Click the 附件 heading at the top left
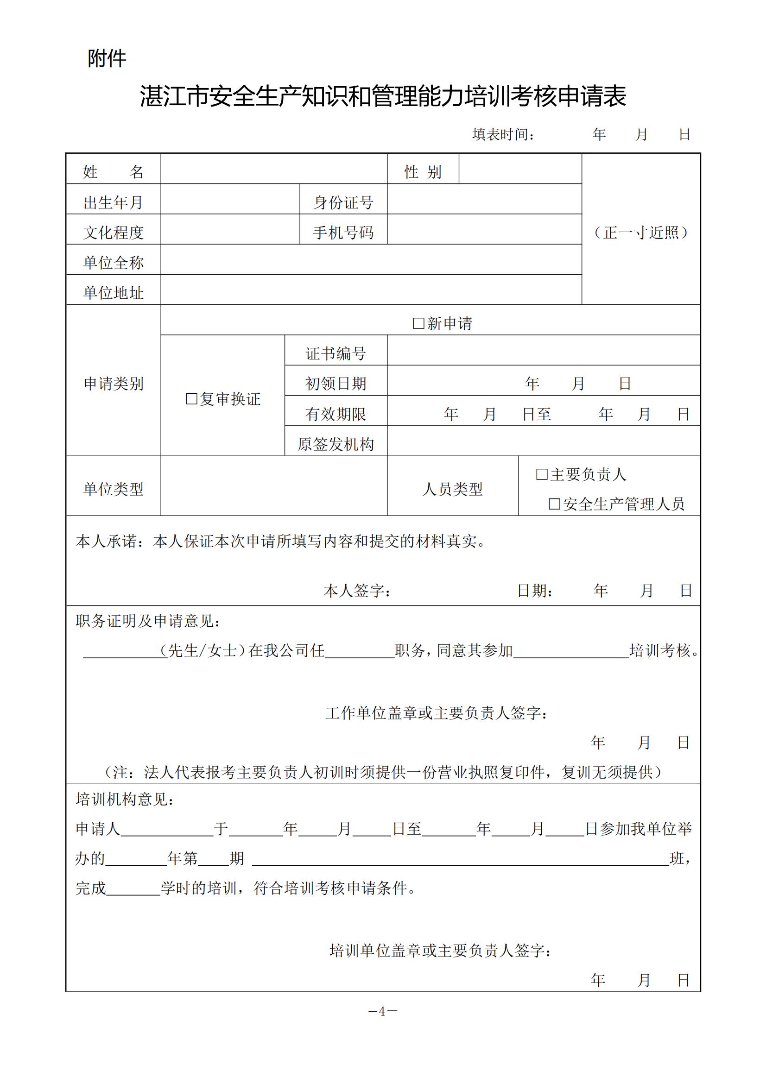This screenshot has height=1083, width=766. [107, 59]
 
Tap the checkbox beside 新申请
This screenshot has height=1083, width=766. [418, 323]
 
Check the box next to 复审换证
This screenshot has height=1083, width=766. [192, 399]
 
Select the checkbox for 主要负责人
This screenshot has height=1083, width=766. [542, 474]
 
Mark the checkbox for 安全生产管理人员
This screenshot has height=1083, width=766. [555, 504]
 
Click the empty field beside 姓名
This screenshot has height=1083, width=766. [274, 169]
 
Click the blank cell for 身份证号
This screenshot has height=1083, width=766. [484, 199]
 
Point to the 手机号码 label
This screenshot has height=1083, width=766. [343, 233]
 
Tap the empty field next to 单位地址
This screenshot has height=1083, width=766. [371, 290]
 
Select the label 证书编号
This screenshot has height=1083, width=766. [336, 353]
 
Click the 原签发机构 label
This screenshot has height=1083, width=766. [336, 444]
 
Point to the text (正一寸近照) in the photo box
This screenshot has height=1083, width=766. [641, 233]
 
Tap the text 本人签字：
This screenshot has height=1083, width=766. [357, 591]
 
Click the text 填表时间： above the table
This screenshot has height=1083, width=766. [504, 135]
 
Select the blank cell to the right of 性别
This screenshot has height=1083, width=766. [520, 169]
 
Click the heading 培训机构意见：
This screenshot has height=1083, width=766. [125, 799]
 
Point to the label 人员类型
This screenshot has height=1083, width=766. [453, 489]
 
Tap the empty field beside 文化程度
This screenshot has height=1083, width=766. [230, 229]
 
